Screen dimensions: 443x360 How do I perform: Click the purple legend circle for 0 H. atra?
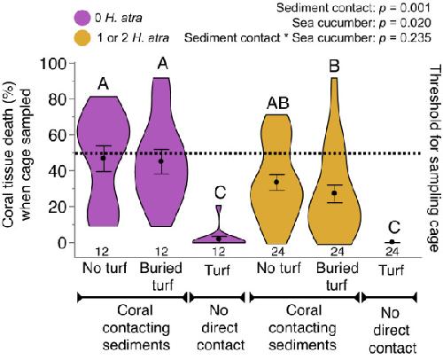coord(82,18)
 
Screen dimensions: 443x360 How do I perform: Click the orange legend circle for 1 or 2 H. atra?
coord(82,38)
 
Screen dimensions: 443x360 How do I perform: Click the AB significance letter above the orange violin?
coord(278,103)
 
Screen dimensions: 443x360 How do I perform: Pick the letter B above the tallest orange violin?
coord(334,67)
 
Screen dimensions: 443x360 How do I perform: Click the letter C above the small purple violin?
coord(220,192)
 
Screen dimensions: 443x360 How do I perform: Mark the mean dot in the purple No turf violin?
coord(103,158)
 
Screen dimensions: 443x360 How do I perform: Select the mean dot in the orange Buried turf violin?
coord(334,193)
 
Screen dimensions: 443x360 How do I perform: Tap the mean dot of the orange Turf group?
coord(392,242)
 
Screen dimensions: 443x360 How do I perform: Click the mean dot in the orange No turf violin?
coord(276,182)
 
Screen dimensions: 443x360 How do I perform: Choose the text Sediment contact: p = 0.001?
coord(354,8)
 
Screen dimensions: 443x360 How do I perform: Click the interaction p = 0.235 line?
coord(307,38)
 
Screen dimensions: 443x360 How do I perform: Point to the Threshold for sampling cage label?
coord(435,159)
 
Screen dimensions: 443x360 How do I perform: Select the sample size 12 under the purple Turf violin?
coord(219,252)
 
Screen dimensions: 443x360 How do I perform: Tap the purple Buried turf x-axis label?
coord(161,277)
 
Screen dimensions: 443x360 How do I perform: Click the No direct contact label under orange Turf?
coord(392,331)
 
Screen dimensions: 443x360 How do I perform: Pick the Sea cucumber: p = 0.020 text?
coord(361,23)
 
